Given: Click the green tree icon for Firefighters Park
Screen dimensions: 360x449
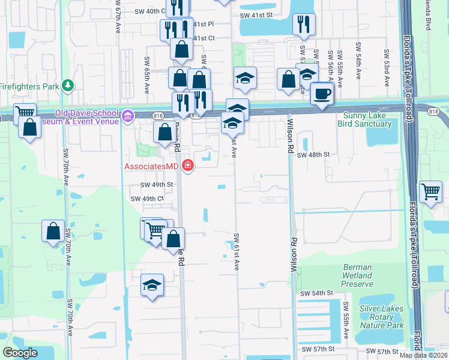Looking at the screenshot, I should [68, 86].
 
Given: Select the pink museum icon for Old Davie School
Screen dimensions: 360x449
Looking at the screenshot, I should [127, 115].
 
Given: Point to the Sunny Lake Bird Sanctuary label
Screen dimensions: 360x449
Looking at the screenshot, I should [367, 120].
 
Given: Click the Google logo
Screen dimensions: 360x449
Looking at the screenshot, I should [20, 353].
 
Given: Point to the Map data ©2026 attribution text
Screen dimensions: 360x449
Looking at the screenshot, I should [423, 355].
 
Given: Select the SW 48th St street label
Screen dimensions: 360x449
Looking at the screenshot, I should [314, 154].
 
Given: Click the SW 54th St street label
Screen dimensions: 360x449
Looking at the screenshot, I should [316, 293].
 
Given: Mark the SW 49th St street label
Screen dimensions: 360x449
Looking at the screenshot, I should [157, 185].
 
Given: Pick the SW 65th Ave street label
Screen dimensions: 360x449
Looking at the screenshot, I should [146, 75].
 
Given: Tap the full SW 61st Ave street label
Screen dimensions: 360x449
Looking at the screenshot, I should [237, 251].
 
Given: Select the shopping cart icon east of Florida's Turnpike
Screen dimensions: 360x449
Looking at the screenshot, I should [430, 192].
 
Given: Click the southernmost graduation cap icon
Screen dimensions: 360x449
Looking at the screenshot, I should [152, 284].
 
